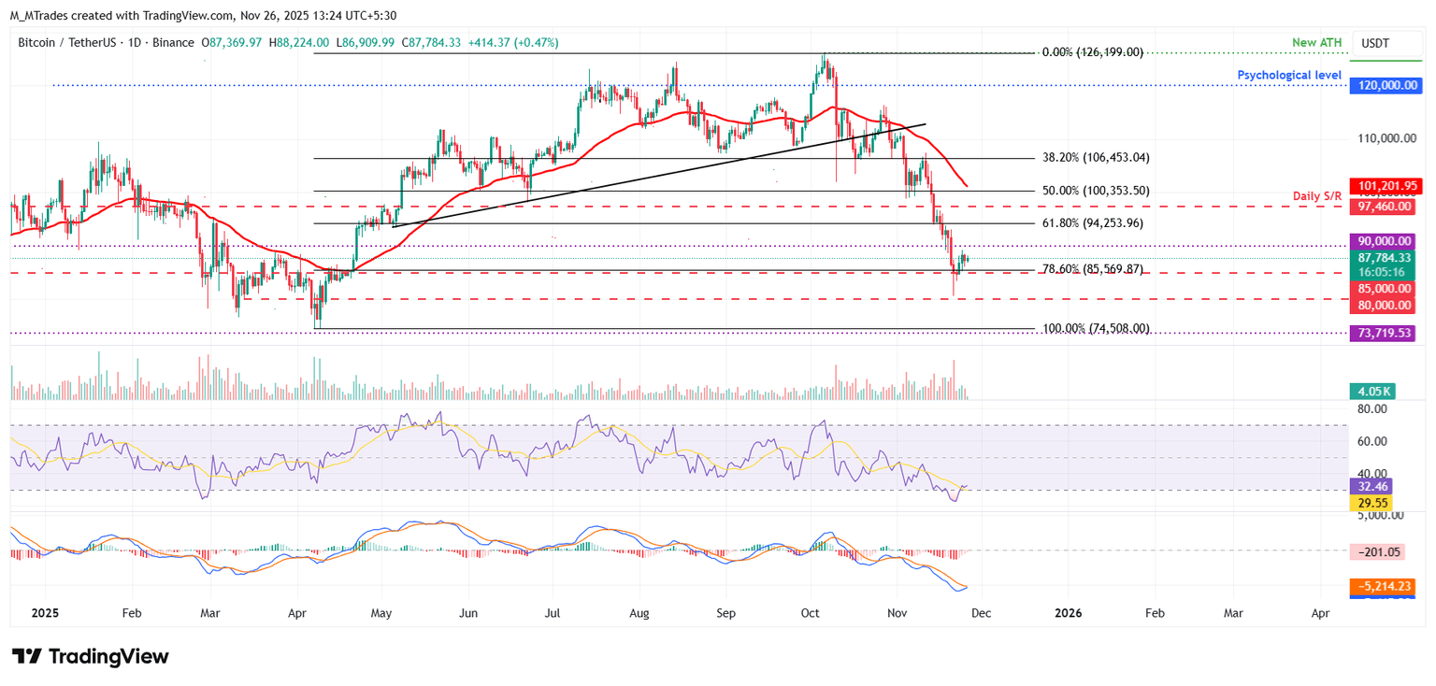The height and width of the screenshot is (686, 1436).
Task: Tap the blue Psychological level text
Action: (x=1289, y=75)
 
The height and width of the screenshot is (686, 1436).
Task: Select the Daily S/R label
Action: (x=1316, y=196)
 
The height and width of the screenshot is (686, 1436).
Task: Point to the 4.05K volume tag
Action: (x=1372, y=392)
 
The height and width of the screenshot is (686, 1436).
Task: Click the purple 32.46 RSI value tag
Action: (x=1371, y=486)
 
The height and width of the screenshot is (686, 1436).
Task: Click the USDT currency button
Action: (x=1375, y=43)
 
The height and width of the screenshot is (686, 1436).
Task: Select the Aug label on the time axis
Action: (x=639, y=613)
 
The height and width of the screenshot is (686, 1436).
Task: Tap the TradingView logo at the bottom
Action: (x=91, y=656)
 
